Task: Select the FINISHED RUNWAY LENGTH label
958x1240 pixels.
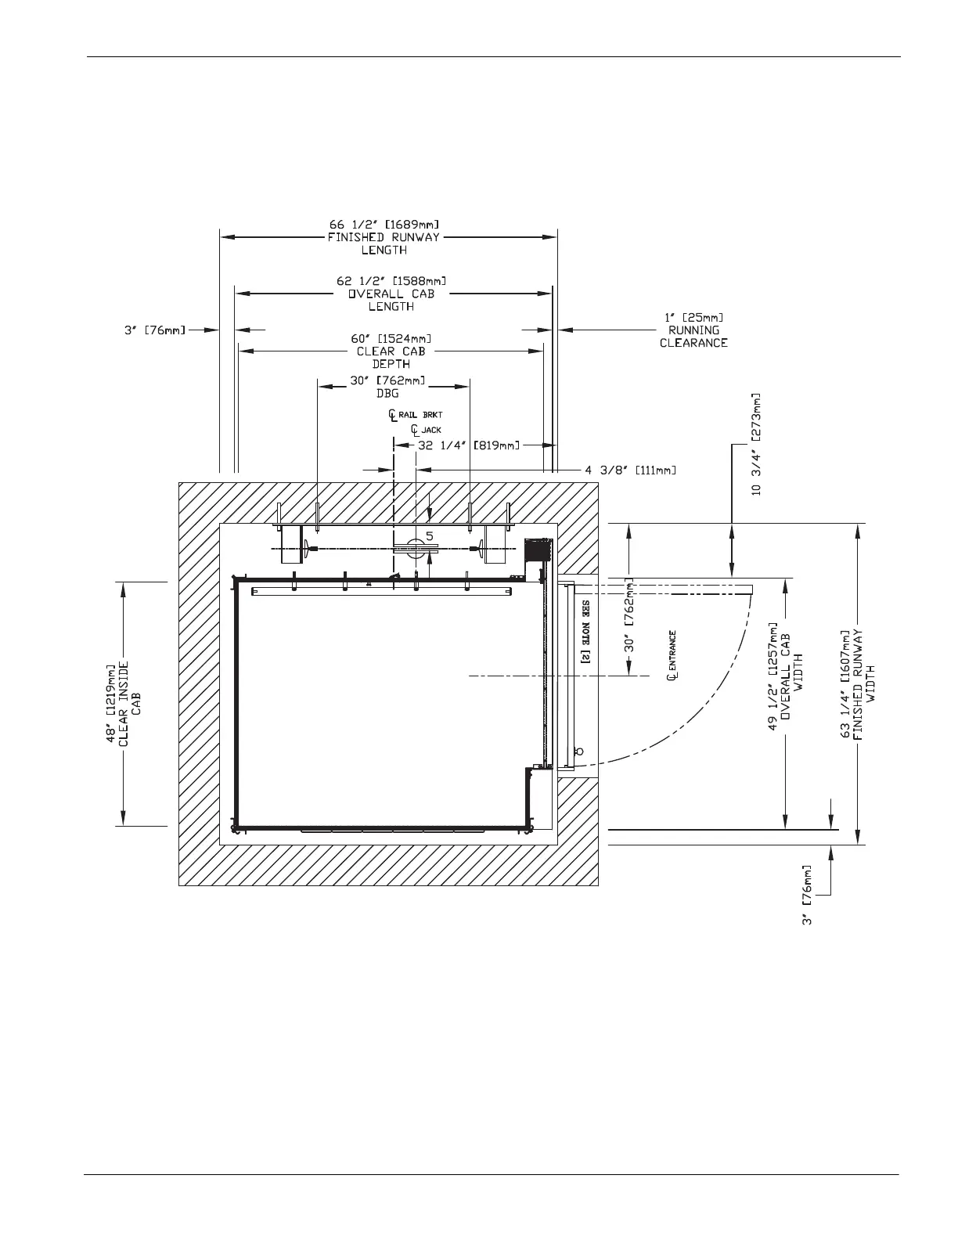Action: (384, 243)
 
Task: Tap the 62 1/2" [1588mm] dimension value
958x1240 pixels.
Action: (391, 281)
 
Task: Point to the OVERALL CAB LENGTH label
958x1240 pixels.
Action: (391, 300)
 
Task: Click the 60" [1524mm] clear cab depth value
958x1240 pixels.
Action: (391, 339)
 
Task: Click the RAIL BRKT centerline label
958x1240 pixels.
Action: (421, 414)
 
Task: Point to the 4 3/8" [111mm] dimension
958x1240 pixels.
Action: (630, 470)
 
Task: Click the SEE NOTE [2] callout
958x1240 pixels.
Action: (585, 633)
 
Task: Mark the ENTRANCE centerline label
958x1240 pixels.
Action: (672, 656)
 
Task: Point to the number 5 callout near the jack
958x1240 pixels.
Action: (430, 536)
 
